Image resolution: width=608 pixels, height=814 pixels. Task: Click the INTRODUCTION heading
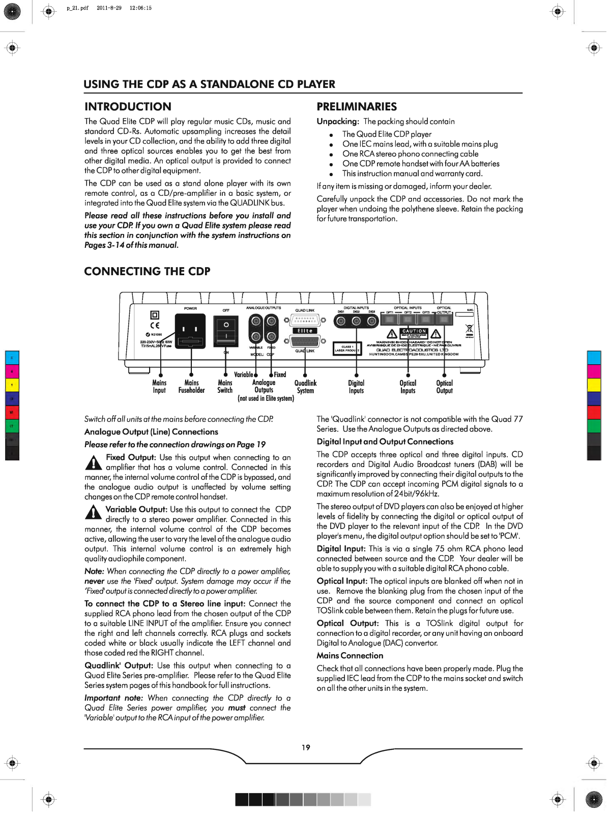tap(128, 107)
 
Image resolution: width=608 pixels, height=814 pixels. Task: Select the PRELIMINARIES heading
tap(357, 107)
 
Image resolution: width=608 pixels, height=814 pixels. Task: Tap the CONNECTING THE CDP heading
tap(147, 272)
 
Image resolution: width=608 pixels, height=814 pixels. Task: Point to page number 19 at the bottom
tap(306, 747)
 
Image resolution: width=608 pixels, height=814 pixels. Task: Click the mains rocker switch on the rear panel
tap(226, 331)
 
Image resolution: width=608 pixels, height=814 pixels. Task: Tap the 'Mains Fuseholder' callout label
tap(191, 387)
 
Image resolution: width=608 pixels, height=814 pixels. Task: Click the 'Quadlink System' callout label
tap(305, 387)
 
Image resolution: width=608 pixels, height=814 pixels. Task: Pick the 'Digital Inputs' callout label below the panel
tap(356, 387)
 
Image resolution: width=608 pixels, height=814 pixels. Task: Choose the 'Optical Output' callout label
tap(444, 387)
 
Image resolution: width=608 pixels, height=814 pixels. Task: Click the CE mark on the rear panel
tap(155, 326)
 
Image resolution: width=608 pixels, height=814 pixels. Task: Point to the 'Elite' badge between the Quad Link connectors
tap(305, 331)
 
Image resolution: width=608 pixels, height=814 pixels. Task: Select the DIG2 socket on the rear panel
tap(357, 321)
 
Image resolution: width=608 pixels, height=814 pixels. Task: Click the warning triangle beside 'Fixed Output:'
tap(93, 462)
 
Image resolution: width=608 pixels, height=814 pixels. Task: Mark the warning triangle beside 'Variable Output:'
tap(93, 512)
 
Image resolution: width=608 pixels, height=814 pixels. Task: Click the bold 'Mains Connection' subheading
tap(350, 656)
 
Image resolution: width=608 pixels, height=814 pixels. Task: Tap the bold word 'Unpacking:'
tap(338, 122)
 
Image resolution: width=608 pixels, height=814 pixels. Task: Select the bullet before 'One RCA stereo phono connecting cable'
tap(331, 154)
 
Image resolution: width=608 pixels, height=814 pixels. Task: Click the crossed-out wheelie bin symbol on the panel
tap(469, 328)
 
